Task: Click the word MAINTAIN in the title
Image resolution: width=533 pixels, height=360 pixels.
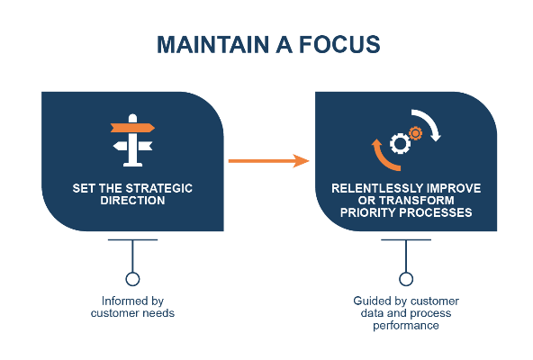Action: [x=212, y=44]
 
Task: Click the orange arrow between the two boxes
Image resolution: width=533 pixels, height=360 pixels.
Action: [x=268, y=161]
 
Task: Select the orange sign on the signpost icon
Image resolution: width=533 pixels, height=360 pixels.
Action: [x=132, y=128]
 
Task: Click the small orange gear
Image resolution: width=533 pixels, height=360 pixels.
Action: [x=415, y=133]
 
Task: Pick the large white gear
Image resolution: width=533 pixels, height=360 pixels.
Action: [x=400, y=143]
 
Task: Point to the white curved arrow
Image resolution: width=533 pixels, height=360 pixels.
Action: [x=428, y=124]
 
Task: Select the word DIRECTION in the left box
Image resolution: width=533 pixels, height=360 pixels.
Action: [x=132, y=201]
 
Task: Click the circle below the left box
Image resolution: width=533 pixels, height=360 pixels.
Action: [x=132, y=279]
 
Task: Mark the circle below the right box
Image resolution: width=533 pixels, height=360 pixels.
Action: [x=406, y=279]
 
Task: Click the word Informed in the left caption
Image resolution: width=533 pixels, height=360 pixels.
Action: [x=122, y=301]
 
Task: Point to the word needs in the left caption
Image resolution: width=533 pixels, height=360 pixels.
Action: [x=158, y=313]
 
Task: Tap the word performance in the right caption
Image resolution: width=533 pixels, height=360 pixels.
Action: [x=406, y=326]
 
